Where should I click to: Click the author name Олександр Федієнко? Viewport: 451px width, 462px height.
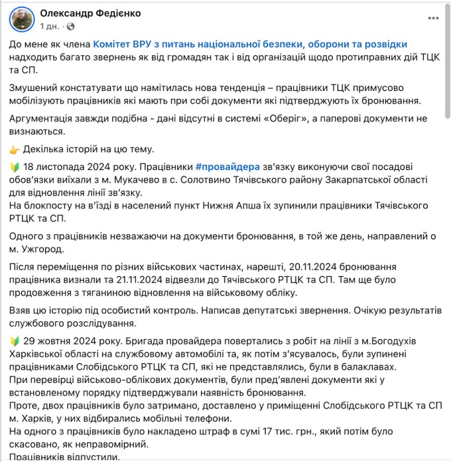90,13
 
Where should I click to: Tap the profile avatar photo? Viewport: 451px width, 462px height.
22,19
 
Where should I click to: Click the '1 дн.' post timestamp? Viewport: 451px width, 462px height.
50,27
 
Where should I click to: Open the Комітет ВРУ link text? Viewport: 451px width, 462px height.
250,44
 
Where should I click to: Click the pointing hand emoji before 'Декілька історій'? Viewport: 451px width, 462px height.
15,149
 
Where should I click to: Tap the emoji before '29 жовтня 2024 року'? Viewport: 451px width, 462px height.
15,341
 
